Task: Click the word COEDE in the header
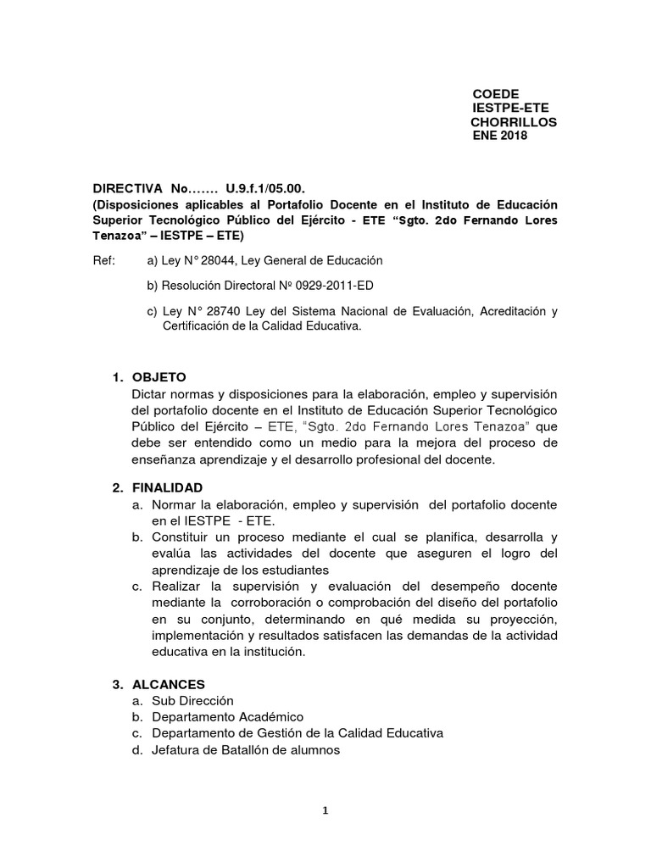coord(495,93)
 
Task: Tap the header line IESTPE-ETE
coord(509,108)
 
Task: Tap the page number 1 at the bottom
coord(325,810)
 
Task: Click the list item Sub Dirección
coord(192,701)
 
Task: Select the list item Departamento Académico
coord(227,717)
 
